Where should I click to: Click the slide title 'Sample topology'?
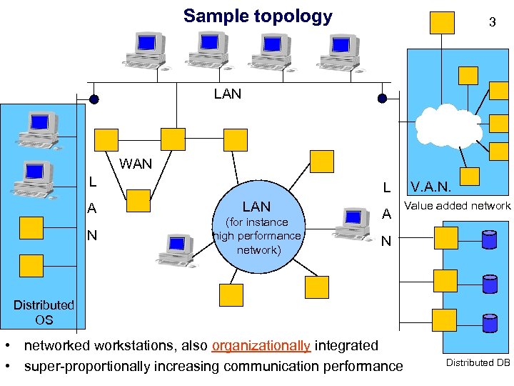point(258,16)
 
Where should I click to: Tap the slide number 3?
point(492,22)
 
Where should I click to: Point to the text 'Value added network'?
point(458,206)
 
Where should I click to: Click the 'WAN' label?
point(136,164)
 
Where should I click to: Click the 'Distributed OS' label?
point(44,312)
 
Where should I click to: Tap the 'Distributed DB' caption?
point(478,363)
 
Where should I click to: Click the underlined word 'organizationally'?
point(261,346)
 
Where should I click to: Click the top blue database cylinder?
point(489,239)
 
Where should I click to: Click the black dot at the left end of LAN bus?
point(94,99)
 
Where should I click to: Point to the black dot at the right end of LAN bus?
point(383,99)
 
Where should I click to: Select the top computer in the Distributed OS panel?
point(39,127)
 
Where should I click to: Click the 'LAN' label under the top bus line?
point(228,94)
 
